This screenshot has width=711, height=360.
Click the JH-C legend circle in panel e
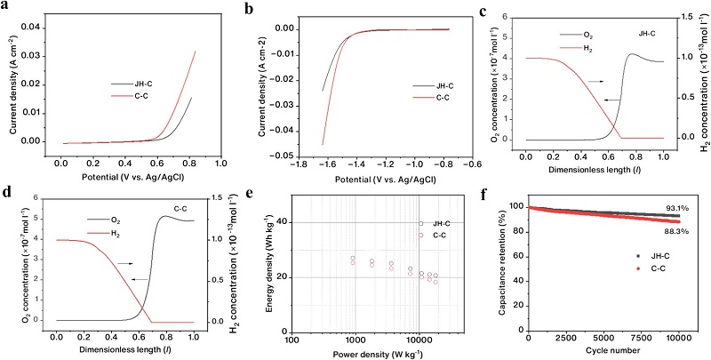420,223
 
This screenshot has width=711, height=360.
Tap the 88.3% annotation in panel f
675,231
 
